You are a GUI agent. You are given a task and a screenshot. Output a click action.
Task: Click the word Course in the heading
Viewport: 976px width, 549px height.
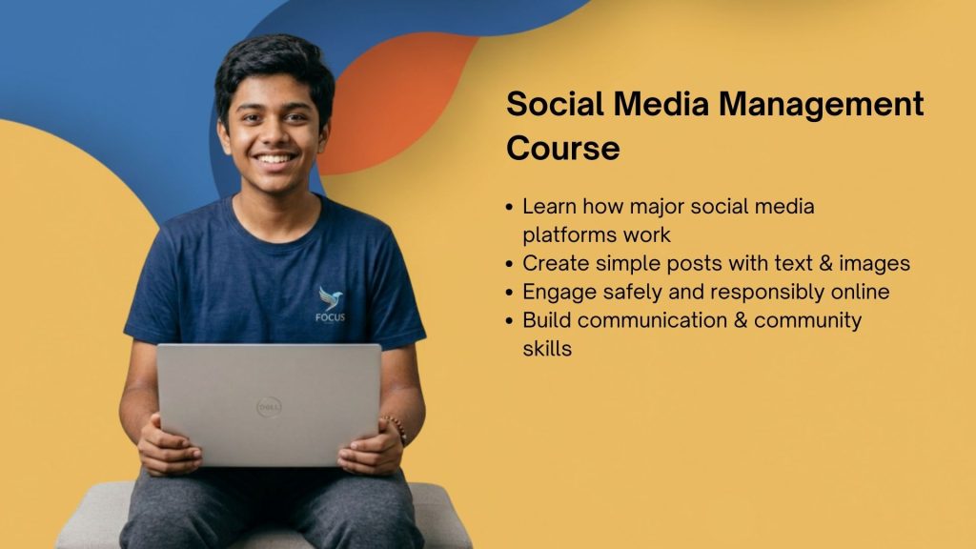pos(562,149)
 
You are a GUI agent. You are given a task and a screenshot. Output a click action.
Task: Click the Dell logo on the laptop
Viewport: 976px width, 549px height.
pos(269,407)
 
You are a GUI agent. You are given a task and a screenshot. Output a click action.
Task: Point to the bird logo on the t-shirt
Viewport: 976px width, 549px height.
pos(331,297)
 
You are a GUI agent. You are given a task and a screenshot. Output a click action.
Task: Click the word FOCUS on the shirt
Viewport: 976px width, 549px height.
pos(330,317)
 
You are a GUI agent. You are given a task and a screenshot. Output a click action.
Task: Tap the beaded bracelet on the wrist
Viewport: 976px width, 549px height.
pos(396,429)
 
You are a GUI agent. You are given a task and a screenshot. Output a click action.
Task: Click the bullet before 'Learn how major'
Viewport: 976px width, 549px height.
pos(512,207)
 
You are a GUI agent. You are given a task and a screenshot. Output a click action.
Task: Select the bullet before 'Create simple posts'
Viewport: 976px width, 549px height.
pos(512,264)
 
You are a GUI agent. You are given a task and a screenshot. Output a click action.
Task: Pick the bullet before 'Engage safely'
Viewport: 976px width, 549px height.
pos(512,293)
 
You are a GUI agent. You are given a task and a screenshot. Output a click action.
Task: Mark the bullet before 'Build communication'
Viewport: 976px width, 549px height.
pos(512,321)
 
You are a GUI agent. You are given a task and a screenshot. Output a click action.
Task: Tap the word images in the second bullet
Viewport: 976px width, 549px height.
pos(878,263)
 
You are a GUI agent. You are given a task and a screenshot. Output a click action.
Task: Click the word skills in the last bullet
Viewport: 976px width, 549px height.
pos(546,348)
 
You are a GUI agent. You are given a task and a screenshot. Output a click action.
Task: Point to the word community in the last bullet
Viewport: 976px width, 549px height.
pos(807,320)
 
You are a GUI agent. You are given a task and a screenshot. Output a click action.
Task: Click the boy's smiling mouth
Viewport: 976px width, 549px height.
pos(275,159)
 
